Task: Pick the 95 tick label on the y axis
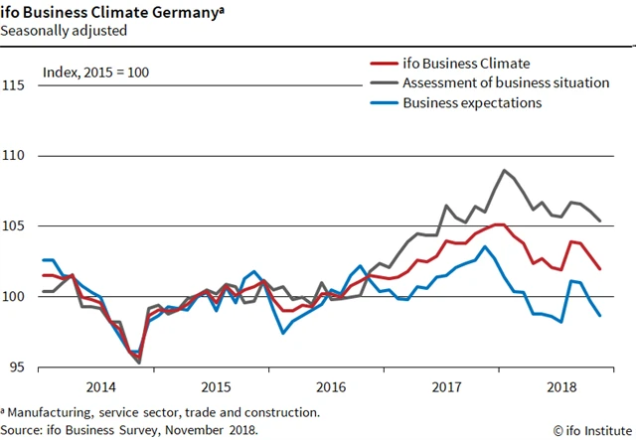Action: click(x=17, y=367)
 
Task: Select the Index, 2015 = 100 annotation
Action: click(x=96, y=73)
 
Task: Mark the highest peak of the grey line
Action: click(x=505, y=171)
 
